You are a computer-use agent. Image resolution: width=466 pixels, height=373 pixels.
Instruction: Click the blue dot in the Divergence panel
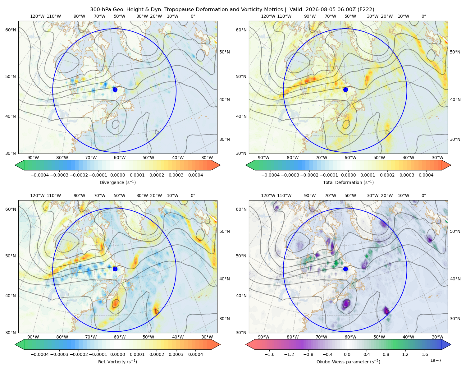pyautogui.click(x=115, y=90)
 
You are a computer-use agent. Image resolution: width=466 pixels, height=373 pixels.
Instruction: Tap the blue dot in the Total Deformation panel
pyautogui.click(x=345, y=90)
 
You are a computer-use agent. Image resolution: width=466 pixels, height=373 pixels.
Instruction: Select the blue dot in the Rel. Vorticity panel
pyautogui.click(x=115, y=269)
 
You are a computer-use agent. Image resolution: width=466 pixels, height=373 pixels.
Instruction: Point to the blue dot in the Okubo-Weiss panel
pyautogui.click(x=345, y=269)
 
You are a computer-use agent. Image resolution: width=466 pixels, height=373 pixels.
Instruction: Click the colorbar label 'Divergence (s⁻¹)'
pyautogui.click(x=117, y=182)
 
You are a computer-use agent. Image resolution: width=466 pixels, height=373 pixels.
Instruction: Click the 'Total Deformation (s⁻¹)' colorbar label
pyautogui.click(x=348, y=182)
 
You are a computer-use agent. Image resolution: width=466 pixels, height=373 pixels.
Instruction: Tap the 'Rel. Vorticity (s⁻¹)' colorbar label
pyautogui.click(x=117, y=362)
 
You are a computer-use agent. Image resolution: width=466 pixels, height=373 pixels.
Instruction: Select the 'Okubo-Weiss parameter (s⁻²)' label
pyautogui.click(x=348, y=362)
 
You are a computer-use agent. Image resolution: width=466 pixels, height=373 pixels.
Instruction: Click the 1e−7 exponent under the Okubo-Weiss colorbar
pyautogui.click(x=436, y=360)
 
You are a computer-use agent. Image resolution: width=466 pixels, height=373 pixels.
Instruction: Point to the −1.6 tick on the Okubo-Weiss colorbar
pyautogui.click(x=269, y=354)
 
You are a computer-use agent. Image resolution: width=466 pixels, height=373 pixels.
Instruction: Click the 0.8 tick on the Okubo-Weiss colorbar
pyautogui.click(x=386, y=354)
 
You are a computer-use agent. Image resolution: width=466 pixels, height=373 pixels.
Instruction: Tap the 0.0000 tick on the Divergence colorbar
pyautogui.click(x=117, y=175)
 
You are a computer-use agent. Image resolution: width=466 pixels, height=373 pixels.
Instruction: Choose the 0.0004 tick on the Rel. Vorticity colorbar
pyautogui.click(x=195, y=354)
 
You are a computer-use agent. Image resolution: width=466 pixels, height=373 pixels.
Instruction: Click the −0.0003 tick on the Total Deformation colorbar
pyautogui.click(x=290, y=175)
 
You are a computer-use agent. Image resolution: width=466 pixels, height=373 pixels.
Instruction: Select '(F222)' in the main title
pyautogui.click(x=366, y=10)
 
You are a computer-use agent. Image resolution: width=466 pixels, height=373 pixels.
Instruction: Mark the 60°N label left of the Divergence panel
pyautogui.click(x=11, y=30)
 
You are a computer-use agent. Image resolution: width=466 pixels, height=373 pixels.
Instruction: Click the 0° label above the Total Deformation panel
pyautogui.click(x=423, y=16)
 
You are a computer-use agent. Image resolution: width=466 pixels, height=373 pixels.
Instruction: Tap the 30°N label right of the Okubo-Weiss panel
pyautogui.click(x=455, y=319)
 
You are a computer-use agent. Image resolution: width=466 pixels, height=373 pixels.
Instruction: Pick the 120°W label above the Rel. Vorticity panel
pyautogui.click(x=37, y=196)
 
